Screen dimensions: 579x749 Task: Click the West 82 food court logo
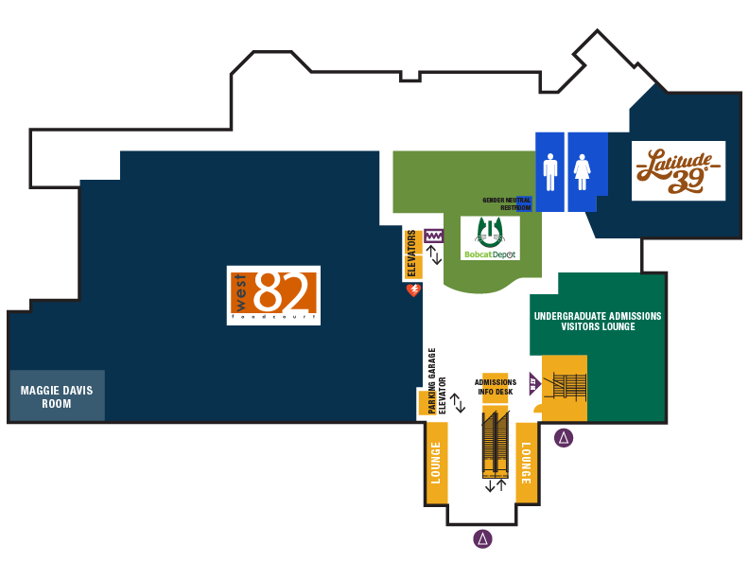(x=273, y=295)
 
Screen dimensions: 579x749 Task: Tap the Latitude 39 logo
(x=678, y=170)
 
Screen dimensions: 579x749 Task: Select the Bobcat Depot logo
(x=491, y=238)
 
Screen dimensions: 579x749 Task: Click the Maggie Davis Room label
(x=57, y=396)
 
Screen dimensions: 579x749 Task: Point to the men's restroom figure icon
(x=550, y=172)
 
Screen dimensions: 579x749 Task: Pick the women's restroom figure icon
(x=582, y=172)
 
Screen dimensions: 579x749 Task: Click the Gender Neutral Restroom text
(x=507, y=204)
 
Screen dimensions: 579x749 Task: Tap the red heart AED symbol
(x=413, y=290)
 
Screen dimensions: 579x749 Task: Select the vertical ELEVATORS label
(x=411, y=254)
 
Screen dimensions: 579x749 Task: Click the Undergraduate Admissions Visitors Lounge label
(x=597, y=322)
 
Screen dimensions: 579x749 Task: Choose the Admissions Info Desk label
(x=496, y=387)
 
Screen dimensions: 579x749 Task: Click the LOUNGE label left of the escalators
(x=436, y=463)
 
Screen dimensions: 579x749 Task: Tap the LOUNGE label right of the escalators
(x=526, y=463)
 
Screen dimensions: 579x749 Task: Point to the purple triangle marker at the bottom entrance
(x=483, y=539)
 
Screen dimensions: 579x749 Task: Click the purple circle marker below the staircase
(x=564, y=437)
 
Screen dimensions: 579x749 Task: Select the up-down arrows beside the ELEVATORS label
(x=434, y=254)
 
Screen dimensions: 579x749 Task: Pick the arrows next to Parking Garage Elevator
(x=458, y=403)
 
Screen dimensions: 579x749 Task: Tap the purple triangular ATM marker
(x=533, y=384)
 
